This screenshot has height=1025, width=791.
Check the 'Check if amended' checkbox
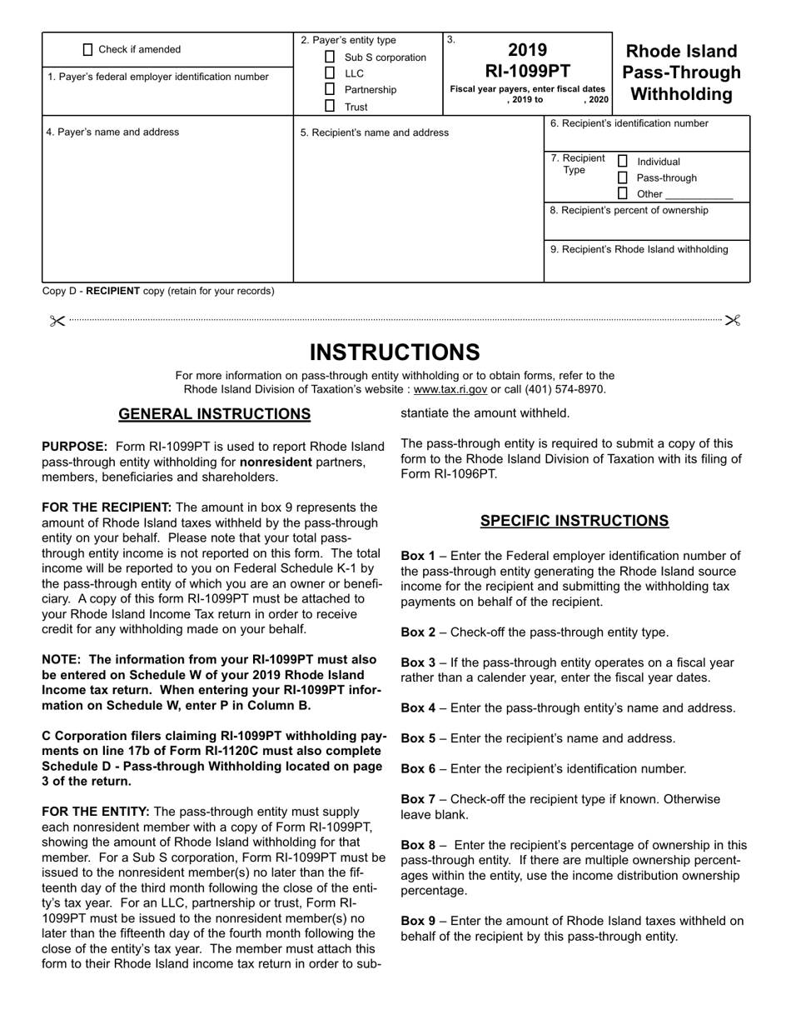(88, 49)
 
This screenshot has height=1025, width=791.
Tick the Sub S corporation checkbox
(330, 57)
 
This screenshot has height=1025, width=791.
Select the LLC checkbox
(330, 73)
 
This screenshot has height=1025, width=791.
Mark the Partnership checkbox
(330, 89)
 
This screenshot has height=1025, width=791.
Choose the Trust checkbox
(330, 106)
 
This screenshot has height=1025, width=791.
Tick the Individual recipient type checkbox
(622, 161)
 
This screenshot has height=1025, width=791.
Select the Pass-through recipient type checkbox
(622, 177)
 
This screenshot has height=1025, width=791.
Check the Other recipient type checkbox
(622, 193)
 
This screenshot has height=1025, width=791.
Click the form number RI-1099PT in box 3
(527, 70)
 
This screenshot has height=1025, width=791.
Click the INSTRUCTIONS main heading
(395, 352)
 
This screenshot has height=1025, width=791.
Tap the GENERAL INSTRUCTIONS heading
(215, 414)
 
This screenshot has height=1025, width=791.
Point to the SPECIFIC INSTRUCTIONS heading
(574, 521)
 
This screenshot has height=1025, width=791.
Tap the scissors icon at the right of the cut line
(733, 320)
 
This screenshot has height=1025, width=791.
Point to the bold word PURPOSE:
(75, 447)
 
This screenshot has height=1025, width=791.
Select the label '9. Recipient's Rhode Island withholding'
(639, 249)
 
